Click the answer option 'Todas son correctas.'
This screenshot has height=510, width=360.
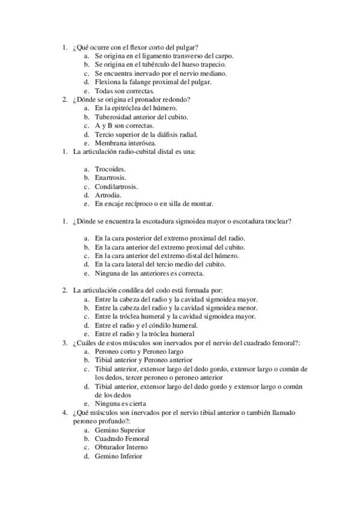pyautogui.click(x=120, y=90)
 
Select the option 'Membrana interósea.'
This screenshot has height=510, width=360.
pyautogui.click(x=124, y=143)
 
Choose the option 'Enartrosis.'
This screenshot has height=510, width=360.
pyautogui.click(x=110, y=178)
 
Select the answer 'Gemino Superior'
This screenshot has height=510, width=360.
pyautogui.click(x=120, y=430)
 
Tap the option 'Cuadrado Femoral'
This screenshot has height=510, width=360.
pyautogui.click(x=122, y=438)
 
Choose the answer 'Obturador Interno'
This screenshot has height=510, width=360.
pyautogui.click(x=121, y=447)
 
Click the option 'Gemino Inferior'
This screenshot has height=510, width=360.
pyautogui.click(x=118, y=456)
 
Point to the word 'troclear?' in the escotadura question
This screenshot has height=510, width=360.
pyautogui.click(x=278, y=221)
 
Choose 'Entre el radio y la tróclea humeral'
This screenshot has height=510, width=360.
pyautogui.click(x=144, y=333)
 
